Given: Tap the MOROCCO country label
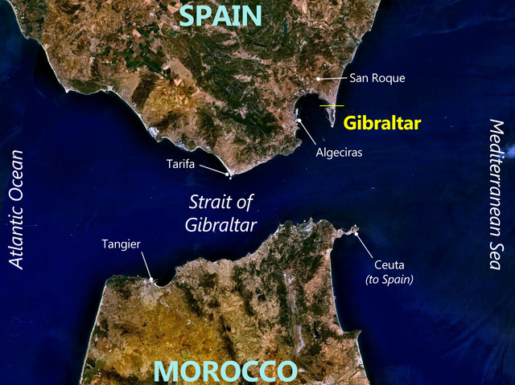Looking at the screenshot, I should pos(225,371).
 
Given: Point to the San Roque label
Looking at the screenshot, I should pos(377,79).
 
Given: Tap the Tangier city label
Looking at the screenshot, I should pos(122,243).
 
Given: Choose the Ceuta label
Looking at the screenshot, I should pos(389,264).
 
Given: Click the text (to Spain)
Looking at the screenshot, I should pos(389,279).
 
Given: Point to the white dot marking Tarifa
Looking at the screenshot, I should pos(230,174).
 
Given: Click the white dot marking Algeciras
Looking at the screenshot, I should pos(299,121).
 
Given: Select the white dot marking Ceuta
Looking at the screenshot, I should pos(355,234).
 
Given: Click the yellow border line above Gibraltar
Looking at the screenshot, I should pos(332,106).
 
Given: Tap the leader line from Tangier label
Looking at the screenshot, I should pos(146,265).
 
